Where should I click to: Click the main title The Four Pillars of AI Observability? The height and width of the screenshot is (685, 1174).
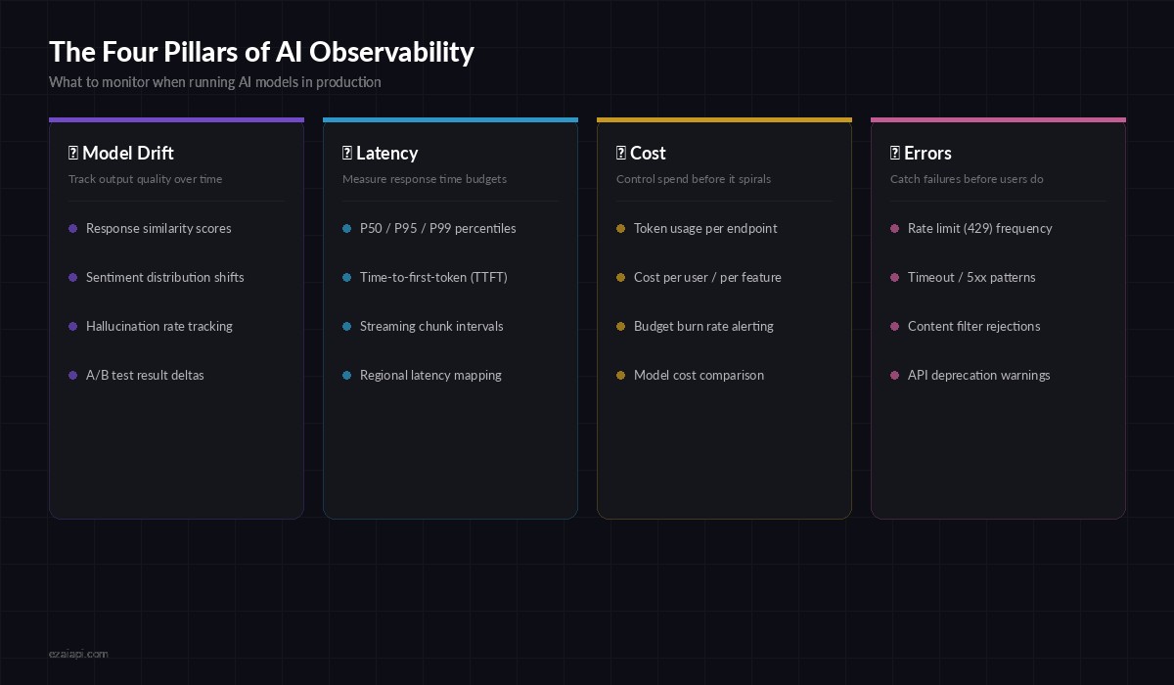click(x=261, y=52)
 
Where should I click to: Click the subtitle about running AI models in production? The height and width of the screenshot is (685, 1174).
click(x=215, y=82)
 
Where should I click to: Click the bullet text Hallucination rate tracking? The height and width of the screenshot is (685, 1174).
click(x=159, y=326)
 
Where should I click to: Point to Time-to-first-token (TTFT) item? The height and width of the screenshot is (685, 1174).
click(x=433, y=277)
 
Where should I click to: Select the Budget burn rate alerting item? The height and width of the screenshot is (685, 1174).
click(x=703, y=326)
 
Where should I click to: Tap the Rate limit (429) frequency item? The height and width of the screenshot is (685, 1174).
click(x=979, y=228)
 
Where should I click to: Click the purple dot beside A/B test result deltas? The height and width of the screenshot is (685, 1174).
click(x=72, y=375)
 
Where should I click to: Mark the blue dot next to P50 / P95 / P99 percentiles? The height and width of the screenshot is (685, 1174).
click(x=346, y=228)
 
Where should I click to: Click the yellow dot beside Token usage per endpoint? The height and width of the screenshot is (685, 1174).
click(x=620, y=228)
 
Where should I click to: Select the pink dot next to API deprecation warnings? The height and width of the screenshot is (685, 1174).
click(x=894, y=375)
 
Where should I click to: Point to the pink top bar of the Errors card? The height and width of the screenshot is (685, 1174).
click(x=998, y=119)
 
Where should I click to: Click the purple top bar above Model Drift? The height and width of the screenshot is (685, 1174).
click(x=176, y=119)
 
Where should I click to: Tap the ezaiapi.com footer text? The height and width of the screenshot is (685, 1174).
click(x=78, y=653)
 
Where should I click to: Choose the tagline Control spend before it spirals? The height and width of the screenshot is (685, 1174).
click(x=694, y=179)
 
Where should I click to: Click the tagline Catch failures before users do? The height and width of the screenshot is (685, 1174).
click(x=967, y=179)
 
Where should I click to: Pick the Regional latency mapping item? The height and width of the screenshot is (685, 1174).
click(x=430, y=375)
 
